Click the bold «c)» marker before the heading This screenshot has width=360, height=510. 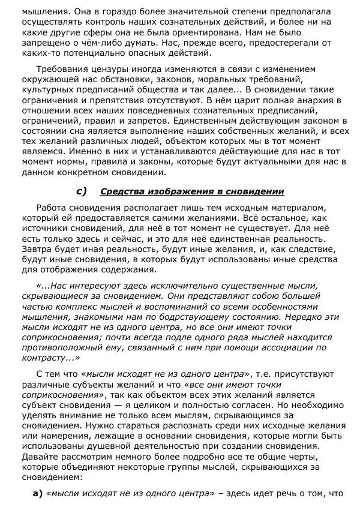click(x=82, y=192)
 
